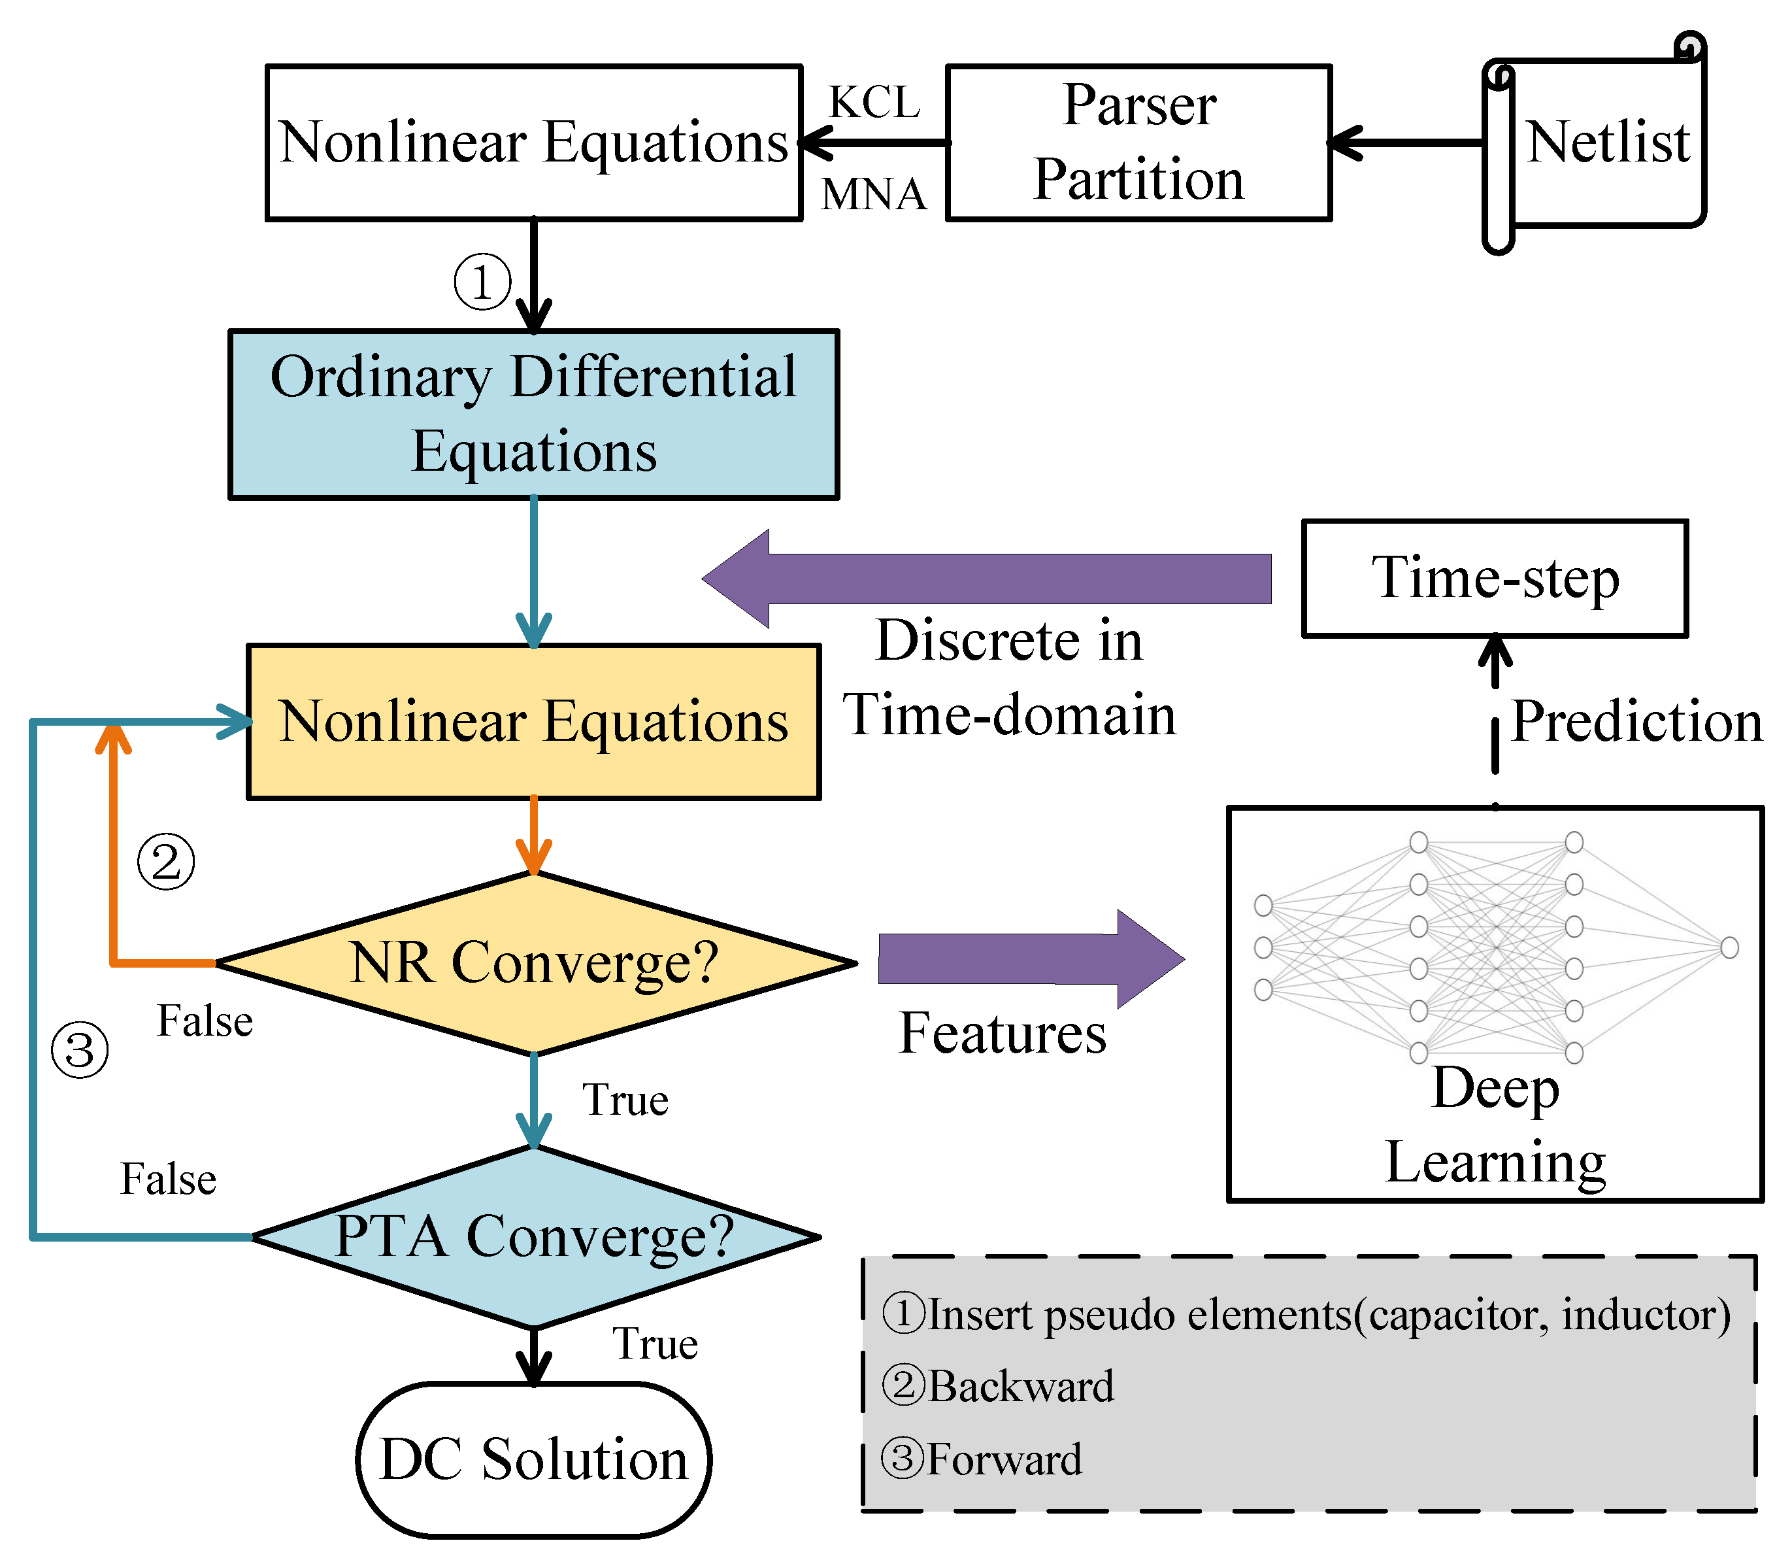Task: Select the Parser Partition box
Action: [x=1138, y=143]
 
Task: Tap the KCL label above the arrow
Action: [x=874, y=103]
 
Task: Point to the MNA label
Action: [x=873, y=194]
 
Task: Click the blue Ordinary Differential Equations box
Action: [x=533, y=415]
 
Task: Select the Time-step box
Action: [x=1495, y=578]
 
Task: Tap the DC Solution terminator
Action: [x=533, y=1460]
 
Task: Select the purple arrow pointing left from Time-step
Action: [x=986, y=579]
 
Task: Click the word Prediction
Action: [x=1636, y=722]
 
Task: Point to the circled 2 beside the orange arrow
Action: [x=166, y=862]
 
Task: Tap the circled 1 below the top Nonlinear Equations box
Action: [x=482, y=281]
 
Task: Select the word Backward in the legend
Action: [x=1021, y=1386]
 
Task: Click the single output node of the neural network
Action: [x=1729, y=947]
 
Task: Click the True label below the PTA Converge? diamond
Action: [x=654, y=1343]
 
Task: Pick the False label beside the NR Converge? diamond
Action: [x=205, y=1021]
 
